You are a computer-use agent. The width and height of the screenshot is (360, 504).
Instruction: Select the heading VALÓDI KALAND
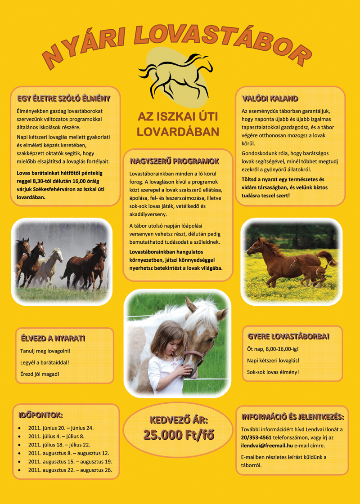coord(270,98)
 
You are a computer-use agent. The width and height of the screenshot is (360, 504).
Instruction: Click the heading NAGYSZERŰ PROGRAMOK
coord(174,161)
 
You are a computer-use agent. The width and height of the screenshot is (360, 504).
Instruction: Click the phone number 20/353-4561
coord(256,437)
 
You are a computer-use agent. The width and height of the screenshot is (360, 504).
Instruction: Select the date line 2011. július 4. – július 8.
coord(56,436)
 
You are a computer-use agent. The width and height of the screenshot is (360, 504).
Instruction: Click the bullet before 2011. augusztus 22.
coord(19,470)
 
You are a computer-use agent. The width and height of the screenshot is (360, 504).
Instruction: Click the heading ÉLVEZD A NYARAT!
coord(53,338)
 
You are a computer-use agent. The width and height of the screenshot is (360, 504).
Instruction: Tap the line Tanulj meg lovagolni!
coord(46,351)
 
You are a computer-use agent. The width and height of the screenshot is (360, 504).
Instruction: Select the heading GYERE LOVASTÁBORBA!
coord(288,336)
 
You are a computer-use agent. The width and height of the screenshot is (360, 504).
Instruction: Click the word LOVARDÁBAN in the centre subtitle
coord(178,132)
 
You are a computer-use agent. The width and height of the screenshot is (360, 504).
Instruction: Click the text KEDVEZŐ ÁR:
coord(178,420)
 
